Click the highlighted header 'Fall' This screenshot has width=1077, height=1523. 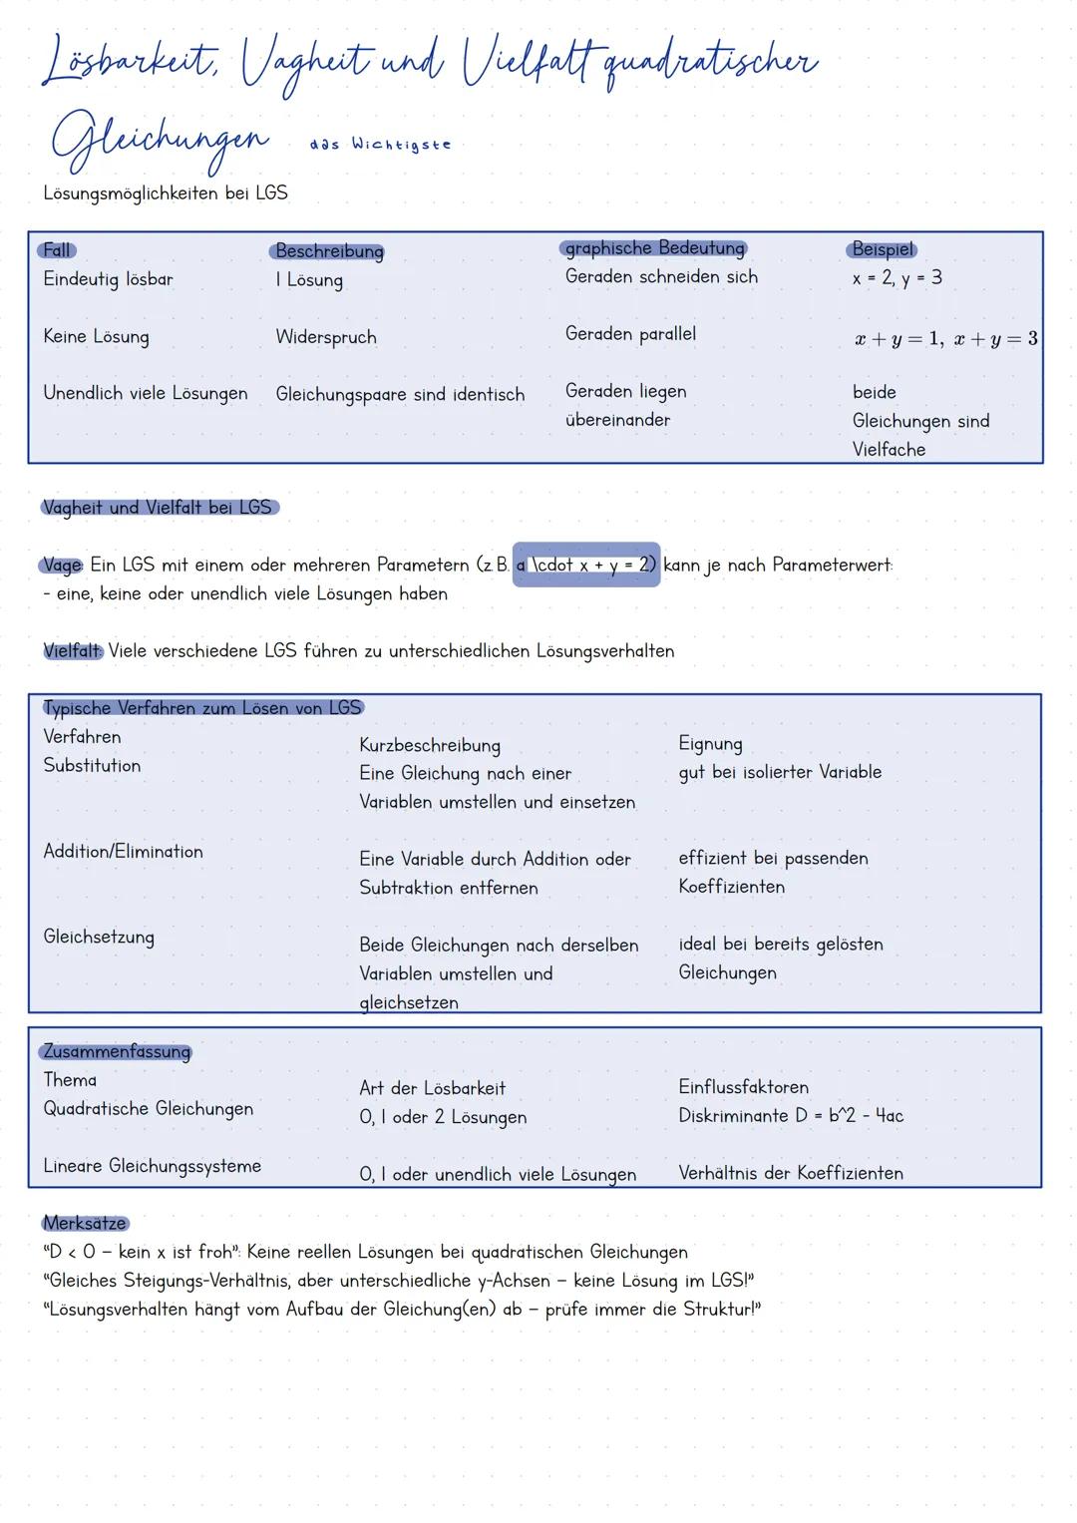point(57,250)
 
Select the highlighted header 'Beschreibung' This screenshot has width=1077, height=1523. point(328,251)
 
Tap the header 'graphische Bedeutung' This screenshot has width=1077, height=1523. point(654,248)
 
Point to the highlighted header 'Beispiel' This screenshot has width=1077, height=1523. point(883,249)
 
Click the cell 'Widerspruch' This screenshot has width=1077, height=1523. point(326,337)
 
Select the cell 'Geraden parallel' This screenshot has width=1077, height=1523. point(630,334)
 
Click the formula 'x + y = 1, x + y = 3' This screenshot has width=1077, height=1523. point(945,339)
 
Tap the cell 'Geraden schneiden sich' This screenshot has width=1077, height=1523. point(661,277)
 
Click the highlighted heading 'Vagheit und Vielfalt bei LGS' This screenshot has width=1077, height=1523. point(159,508)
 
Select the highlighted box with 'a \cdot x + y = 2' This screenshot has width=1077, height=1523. point(586,565)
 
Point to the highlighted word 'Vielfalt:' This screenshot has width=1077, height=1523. point(73,651)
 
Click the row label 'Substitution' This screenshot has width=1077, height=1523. point(92,766)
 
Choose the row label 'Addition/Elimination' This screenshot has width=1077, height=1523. point(123,852)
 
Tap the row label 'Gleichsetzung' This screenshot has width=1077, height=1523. point(99,938)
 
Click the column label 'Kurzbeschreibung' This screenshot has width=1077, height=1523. point(430,746)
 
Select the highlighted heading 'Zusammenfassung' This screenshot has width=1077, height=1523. point(116,1052)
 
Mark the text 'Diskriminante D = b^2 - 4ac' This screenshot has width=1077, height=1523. point(791,1116)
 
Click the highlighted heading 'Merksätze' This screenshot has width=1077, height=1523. point(85,1224)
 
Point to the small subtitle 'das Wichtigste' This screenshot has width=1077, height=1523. point(380,145)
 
